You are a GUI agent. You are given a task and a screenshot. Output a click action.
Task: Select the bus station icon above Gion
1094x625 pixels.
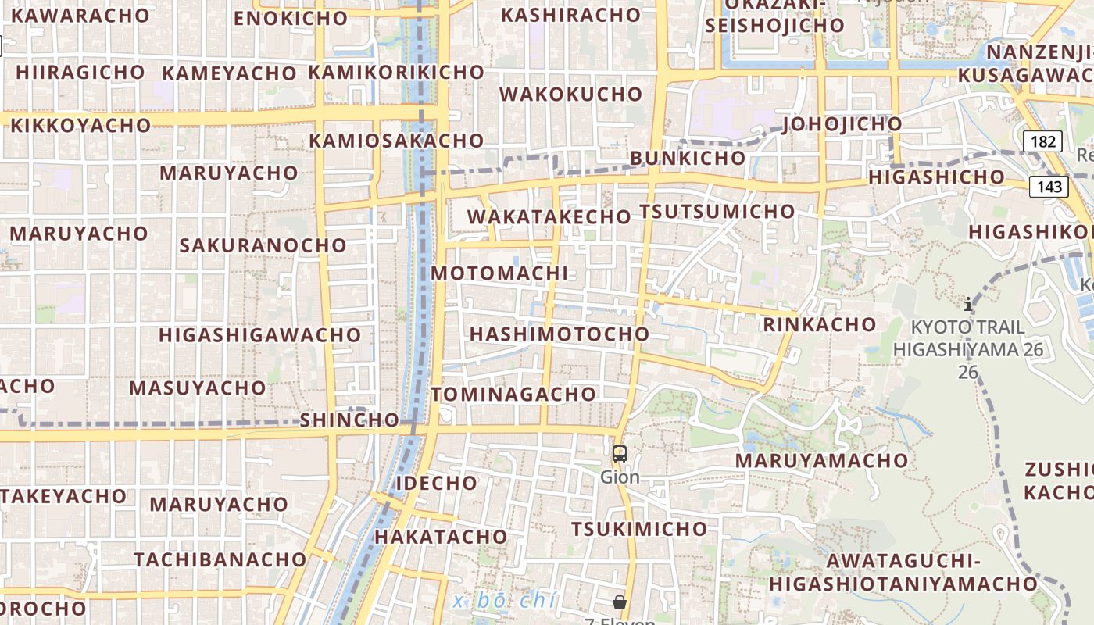[620, 453]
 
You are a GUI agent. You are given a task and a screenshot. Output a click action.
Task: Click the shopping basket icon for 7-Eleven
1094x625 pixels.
[620, 602]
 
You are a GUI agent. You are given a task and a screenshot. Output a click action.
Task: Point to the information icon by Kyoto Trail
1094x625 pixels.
[968, 304]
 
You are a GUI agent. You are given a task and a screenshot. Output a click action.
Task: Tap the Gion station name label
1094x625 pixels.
[620, 477]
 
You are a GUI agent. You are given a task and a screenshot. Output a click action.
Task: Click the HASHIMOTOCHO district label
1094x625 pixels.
[559, 334]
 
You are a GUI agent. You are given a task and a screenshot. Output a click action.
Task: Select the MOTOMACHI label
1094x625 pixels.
[499, 273]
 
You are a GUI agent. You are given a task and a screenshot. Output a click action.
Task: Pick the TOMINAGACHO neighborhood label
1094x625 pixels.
[513, 395]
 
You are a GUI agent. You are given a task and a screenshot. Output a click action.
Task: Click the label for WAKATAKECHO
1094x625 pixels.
[549, 217]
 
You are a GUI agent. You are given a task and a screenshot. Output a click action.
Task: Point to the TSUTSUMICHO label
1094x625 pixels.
[717, 212]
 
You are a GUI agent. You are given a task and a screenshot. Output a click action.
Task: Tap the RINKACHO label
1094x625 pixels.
[820, 324]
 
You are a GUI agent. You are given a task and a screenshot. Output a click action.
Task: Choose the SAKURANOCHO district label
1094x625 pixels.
[263, 245]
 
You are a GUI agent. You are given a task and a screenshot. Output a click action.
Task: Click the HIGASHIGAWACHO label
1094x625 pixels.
[259, 335]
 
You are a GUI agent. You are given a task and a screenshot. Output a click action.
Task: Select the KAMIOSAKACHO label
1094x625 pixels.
[396, 141]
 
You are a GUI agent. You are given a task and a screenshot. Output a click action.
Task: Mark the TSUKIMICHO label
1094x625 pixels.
[638, 529]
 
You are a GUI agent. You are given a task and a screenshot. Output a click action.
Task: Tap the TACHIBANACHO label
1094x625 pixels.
[220, 559]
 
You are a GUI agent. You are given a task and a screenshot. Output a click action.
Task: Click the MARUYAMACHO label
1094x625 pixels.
[821, 460]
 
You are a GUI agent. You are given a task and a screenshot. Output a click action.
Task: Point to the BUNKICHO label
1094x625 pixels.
[688, 158]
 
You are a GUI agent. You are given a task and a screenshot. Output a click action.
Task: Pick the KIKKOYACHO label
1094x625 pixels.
[80, 125]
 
